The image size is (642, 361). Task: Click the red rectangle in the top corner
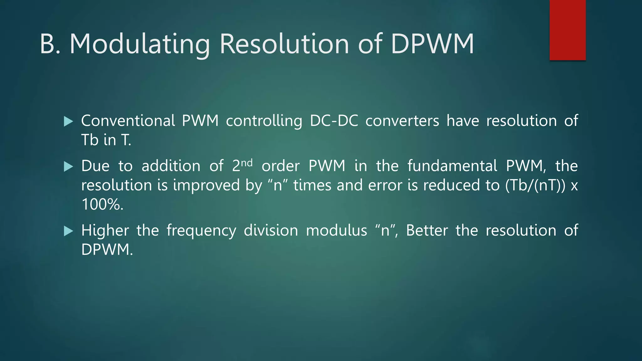point(567,30)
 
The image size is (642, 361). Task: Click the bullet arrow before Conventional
point(68,121)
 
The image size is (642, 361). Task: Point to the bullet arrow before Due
point(68,166)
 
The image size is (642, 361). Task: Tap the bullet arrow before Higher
point(68,231)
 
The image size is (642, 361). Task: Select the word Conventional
point(128,121)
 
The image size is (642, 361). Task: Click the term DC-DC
point(334,121)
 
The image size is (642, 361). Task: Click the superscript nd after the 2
point(247,162)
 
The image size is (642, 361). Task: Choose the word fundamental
point(452,166)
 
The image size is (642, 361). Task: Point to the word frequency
point(201,231)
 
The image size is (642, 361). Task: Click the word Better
point(427,230)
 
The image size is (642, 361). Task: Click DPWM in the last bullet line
point(107,250)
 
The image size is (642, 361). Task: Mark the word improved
point(206,185)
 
